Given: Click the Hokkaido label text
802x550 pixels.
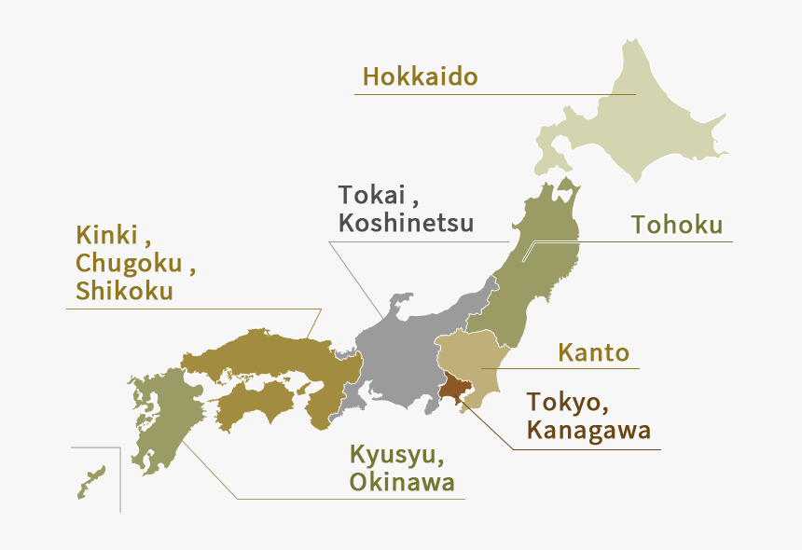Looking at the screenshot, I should coord(420,76).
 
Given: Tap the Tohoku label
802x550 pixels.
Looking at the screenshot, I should coord(677,225).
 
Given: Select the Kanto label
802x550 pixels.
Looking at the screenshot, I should coord(593,353).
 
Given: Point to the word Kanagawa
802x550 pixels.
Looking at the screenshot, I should coord(588,431).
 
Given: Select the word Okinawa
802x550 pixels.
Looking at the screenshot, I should coord(402,482).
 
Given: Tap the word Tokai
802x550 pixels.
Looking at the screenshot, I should coord(372,196).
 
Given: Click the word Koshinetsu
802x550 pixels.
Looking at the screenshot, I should coord(406,224).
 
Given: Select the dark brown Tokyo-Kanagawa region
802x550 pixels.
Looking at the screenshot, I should coord(455,387).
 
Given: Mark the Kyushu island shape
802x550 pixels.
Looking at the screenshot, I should coord(163,419).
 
